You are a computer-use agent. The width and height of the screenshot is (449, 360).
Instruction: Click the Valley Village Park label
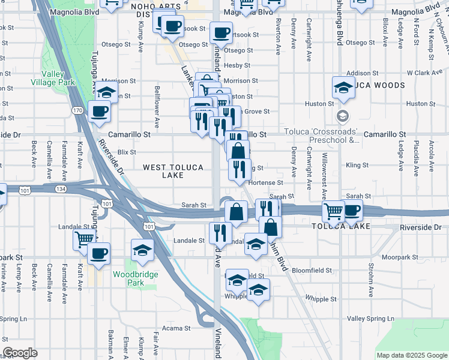pos(58,78)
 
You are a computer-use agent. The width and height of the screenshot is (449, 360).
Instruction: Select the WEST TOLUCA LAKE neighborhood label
pos(173,171)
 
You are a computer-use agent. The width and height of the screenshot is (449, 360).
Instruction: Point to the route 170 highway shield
pos(77,110)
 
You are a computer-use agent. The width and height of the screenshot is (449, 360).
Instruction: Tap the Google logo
pos(20,353)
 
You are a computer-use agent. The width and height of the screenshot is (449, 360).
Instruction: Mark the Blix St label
pos(127,152)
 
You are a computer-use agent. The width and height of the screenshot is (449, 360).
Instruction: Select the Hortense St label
pos(265,182)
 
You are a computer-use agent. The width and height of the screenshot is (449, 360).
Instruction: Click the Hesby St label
pos(237,65)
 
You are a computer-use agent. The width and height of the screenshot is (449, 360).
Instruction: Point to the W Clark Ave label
pos(424,73)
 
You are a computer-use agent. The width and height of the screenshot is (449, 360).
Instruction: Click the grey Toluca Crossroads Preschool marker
pos(342,116)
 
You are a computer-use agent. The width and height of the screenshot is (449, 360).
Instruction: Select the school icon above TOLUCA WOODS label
pos(344,88)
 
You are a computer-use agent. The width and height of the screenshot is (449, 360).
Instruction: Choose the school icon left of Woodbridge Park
pos(143,250)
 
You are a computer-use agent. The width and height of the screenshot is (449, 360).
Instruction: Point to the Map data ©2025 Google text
pos(412,355)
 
